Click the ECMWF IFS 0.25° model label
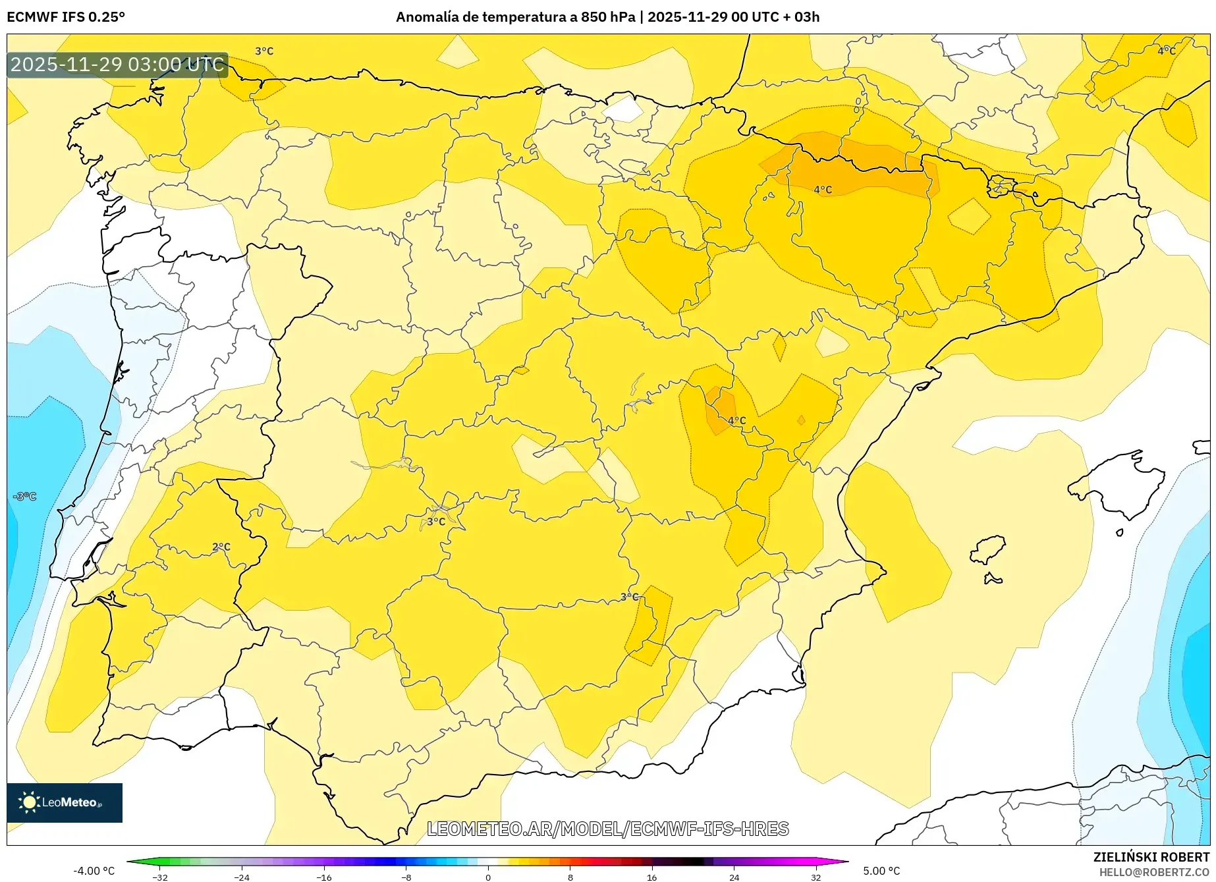tap(66, 17)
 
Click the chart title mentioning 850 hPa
tap(607, 17)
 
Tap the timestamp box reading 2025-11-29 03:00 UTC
tap(117, 65)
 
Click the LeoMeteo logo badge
tap(65, 802)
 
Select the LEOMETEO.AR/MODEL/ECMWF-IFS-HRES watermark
tap(607, 829)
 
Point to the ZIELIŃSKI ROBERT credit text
tap(1151, 857)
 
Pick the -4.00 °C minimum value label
tap(94, 871)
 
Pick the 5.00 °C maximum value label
tap(881, 871)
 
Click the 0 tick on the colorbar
tap(488, 877)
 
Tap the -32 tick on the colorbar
tap(160, 877)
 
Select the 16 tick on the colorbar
tap(651, 877)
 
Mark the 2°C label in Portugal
tap(221, 547)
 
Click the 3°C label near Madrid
tap(436, 522)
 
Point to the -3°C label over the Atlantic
tap(25, 496)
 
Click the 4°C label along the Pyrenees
tap(823, 190)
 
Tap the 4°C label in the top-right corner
tap(1167, 51)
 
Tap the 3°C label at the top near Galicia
tap(264, 51)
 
